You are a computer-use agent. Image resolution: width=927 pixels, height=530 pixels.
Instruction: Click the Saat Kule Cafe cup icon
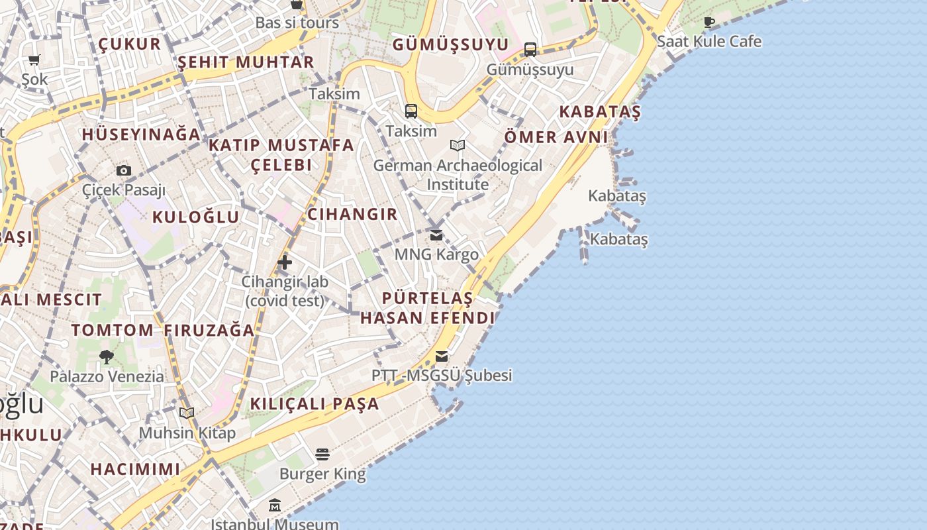coord(709,23)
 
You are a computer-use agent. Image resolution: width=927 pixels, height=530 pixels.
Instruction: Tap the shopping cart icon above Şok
coord(34,60)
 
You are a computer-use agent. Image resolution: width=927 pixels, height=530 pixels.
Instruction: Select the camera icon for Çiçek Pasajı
coord(124,170)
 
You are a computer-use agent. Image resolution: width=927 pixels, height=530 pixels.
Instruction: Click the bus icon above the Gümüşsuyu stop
coord(530,50)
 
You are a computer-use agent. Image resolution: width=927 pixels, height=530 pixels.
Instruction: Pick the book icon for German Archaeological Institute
coord(458,145)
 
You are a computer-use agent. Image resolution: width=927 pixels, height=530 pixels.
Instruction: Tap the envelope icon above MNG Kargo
coord(436,235)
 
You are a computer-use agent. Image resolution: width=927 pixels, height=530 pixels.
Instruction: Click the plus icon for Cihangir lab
coord(285,262)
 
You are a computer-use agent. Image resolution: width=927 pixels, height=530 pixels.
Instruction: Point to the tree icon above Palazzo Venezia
coord(107,357)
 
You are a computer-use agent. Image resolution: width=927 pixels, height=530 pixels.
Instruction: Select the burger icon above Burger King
coord(322,454)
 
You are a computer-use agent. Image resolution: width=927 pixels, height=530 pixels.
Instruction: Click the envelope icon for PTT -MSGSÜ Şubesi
coord(442,356)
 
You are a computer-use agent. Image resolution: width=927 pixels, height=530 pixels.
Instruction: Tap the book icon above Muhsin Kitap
coord(187,413)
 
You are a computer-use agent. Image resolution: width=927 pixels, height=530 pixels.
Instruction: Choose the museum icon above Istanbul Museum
coord(275,506)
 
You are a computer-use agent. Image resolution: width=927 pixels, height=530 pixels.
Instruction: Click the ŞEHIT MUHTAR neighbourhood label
coord(246,62)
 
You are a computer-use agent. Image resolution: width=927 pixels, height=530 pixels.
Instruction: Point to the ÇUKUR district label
coord(130,44)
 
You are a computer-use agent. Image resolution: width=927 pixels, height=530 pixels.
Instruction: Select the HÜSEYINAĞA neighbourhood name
coord(141,134)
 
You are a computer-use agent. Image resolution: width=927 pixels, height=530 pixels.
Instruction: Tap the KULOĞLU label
coord(196,217)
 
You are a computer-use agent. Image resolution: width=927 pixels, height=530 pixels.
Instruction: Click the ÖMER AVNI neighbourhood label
coord(556,137)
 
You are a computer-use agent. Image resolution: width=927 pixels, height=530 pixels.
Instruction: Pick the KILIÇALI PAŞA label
coord(315,403)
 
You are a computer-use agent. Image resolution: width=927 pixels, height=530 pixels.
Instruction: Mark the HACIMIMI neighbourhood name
coord(135,469)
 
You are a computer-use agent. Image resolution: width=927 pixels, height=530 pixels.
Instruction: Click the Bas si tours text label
coord(297,23)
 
